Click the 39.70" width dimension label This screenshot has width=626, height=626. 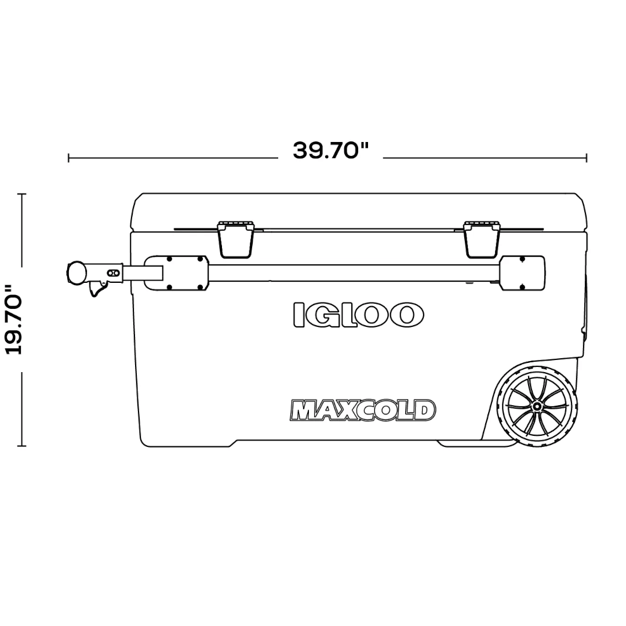pyautogui.click(x=330, y=151)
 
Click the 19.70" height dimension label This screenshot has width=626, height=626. pyautogui.click(x=14, y=319)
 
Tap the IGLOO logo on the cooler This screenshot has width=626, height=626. pyautogui.click(x=358, y=315)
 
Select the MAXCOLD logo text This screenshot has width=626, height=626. pyautogui.click(x=362, y=410)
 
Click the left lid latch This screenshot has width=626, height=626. pyautogui.click(x=235, y=239)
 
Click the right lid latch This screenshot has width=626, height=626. pyautogui.click(x=482, y=239)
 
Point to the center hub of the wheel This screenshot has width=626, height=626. pyautogui.click(x=537, y=406)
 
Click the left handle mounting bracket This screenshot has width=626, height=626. pyautogui.click(x=176, y=273)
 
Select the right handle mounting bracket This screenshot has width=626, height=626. pyautogui.click(x=522, y=273)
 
